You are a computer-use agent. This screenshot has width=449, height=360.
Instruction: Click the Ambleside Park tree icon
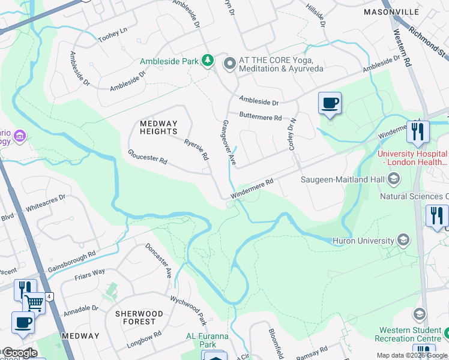point(208,61)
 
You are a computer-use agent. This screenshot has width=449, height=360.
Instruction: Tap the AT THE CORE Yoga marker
point(229,63)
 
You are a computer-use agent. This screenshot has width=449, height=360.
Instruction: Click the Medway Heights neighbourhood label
point(158,127)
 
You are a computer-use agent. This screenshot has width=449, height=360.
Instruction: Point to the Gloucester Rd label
point(147,157)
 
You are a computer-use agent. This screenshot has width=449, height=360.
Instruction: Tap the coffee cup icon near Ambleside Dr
point(330,103)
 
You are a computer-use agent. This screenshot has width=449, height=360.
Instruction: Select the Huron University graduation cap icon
point(403,241)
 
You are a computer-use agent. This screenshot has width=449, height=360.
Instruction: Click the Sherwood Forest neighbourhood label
point(139,317)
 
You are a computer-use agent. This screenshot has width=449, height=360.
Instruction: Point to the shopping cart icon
point(35,303)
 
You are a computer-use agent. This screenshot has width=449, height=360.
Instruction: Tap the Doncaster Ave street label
point(158,260)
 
